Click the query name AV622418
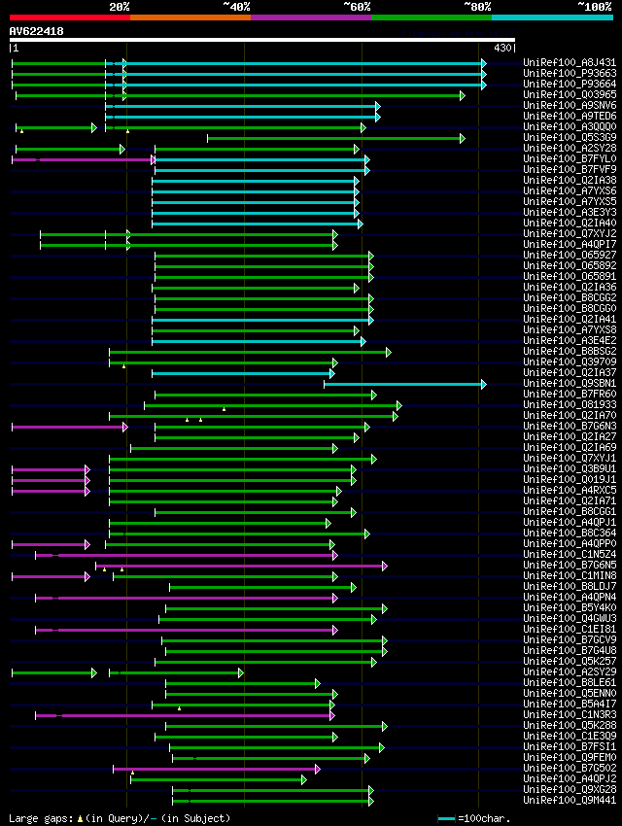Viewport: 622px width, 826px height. (x=37, y=31)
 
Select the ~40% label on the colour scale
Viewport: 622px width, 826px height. (x=236, y=7)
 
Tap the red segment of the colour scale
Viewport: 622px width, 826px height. (x=69, y=17)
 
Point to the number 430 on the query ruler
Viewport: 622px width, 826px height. (x=503, y=48)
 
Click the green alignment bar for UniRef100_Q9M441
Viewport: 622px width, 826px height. (x=272, y=801)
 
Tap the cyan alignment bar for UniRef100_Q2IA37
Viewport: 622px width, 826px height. (x=243, y=373)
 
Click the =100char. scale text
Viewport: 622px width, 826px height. (x=486, y=818)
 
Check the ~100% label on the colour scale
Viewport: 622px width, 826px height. (x=594, y=7)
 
